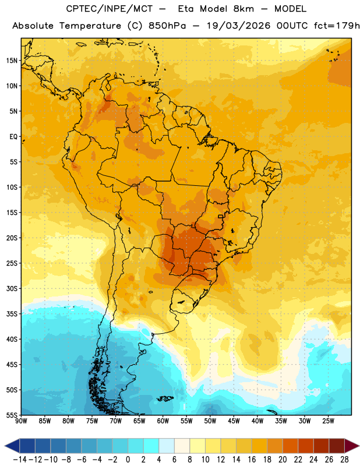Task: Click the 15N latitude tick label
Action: [12, 61]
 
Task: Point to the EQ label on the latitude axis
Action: [13, 137]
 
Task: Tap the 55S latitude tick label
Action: [12, 415]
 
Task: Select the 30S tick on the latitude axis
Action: [12, 288]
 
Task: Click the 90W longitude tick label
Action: [21, 421]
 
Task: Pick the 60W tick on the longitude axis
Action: [163, 421]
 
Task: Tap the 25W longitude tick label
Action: [328, 421]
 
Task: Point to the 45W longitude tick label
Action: [234, 421]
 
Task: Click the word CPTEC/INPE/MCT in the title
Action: [110, 9]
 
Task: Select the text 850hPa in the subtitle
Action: [167, 26]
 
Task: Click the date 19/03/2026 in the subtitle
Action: [239, 26]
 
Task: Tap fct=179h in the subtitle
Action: [337, 26]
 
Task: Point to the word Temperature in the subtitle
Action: [90, 26]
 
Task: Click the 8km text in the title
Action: [243, 9]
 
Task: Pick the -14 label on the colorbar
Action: [20, 460]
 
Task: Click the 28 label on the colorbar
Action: [344, 460]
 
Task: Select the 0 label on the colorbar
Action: [128, 460]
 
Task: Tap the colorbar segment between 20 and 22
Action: [291, 446]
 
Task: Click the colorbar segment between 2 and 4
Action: [151, 446]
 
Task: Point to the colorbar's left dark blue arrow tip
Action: [5, 446]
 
